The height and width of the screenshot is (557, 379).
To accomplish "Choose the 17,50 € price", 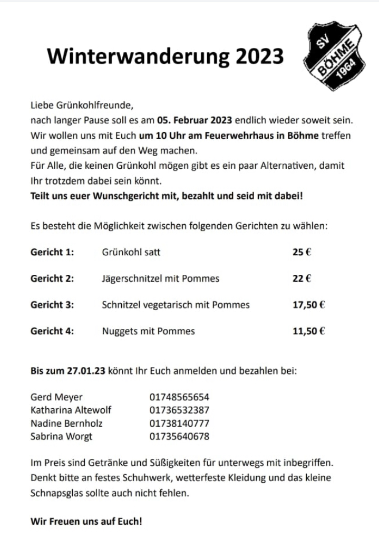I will [308, 305].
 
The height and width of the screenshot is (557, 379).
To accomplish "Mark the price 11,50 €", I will [308, 331].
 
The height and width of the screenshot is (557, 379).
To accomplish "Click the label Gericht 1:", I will [52, 252].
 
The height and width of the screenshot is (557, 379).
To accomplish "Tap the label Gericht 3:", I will [52, 305].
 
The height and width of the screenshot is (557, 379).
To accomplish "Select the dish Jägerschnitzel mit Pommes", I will [160, 278].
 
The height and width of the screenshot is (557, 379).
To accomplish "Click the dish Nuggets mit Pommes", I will [148, 331].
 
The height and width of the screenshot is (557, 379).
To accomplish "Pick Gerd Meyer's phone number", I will [179, 397].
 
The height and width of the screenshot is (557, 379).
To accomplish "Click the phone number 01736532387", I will [179, 410].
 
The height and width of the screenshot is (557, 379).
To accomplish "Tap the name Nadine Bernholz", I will [66, 423].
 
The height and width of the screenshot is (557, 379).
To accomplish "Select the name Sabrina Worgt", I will [62, 436].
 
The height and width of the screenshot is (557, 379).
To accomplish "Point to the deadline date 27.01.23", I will [86, 370].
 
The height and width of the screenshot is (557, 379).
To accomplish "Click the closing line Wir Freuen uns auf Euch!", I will [86, 522].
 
